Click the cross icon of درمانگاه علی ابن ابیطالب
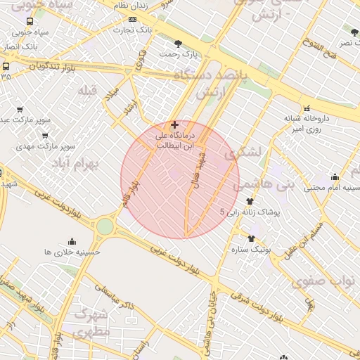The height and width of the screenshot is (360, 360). [x=174, y=124]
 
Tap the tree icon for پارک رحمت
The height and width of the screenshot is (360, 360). [x=187, y=44]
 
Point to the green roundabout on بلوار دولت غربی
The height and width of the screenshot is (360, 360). [x=105, y=226]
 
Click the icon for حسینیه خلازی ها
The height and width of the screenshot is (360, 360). [x=72, y=241]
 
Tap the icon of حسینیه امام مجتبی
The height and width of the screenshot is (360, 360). [x=335, y=177]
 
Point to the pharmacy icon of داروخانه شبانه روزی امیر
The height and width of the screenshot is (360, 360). [x=307, y=108]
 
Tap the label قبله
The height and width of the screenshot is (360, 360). [x=88, y=91]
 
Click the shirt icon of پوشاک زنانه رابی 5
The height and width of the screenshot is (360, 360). [x=250, y=202]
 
